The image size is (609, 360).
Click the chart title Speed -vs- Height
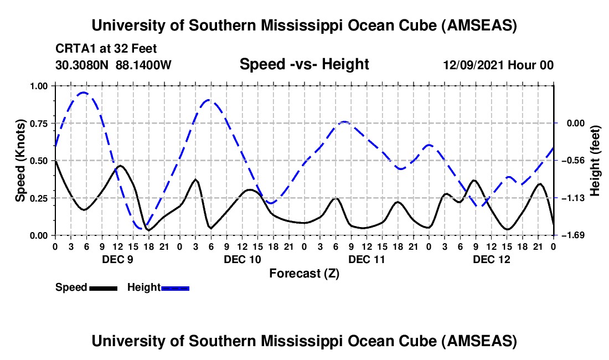coord(304,64)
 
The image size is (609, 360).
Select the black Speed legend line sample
coord(103,287)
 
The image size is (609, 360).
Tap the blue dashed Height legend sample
coord(175,287)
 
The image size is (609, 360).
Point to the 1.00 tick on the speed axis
coord(39,86)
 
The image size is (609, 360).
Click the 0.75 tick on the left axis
coord(39,124)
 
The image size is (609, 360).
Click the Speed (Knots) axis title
coord(20,161)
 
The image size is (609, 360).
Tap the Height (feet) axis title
coord(596,161)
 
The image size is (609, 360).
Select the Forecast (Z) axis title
coord(304,273)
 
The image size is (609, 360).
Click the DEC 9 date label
coord(117,259)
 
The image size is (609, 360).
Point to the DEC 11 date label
coord(366,259)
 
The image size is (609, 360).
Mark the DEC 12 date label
coord(491,259)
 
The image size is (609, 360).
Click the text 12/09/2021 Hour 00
coord(498,65)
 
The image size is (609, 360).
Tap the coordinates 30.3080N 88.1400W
coord(113,65)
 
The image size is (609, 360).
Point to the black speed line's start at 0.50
coord(55,161)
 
